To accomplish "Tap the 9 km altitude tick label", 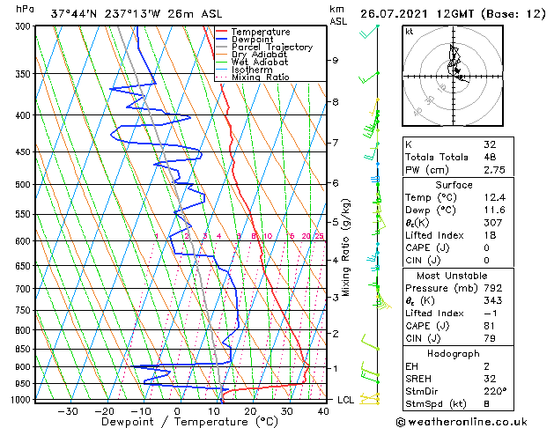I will pos(336,61).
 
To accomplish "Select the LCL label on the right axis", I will pos(345,400).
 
